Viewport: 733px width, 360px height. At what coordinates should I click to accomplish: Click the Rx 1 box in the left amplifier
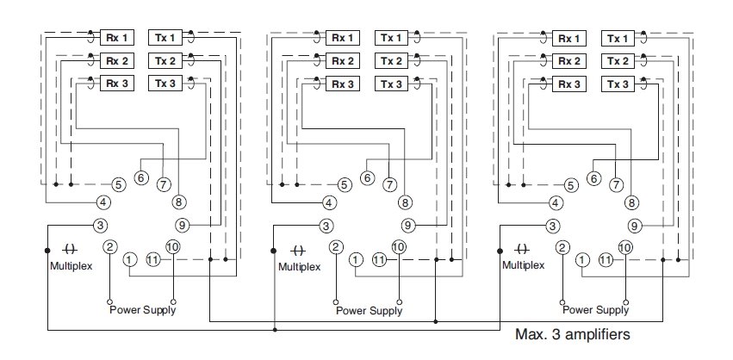click(116, 38)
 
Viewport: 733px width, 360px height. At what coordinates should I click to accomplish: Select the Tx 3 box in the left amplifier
click(164, 84)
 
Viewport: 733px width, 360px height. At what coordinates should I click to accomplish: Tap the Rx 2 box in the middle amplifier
click(343, 61)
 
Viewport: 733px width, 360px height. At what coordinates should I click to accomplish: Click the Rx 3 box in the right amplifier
click(568, 84)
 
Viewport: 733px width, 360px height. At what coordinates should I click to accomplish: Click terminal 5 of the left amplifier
click(119, 184)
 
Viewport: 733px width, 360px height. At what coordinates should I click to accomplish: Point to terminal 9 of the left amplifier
click(182, 226)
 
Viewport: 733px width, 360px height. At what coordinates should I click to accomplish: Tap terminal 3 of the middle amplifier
click(326, 226)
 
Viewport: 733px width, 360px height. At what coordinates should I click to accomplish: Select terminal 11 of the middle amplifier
click(380, 259)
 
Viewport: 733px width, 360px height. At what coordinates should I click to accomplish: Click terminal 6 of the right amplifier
click(593, 177)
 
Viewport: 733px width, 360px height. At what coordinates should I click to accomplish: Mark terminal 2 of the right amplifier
click(562, 247)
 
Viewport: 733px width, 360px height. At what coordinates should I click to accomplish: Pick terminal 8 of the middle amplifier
click(405, 203)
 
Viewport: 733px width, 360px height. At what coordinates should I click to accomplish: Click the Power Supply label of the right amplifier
click(595, 310)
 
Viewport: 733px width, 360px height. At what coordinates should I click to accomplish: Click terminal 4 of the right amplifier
click(556, 203)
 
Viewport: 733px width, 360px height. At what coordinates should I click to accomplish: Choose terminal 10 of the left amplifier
click(172, 247)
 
